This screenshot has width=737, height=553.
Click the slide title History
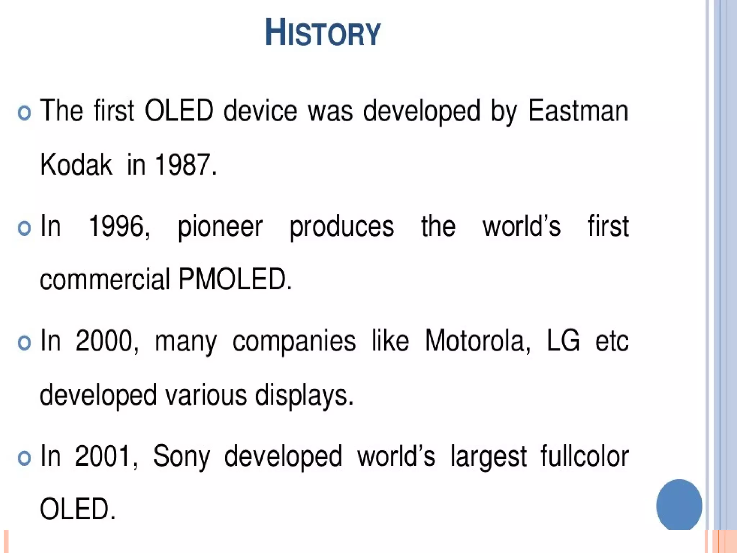click(x=323, y=33)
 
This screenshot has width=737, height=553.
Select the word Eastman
click(x=578, y=111)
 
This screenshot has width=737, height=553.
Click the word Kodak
click(x=76, y=165)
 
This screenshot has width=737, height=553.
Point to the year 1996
click(x=119, y=226)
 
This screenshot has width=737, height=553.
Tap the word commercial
click(x=105, y=279)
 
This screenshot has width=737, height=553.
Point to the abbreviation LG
click(x=563, y=341)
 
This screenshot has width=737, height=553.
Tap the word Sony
click(x=182, y=457)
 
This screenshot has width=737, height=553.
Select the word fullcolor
click(x=584, y=456)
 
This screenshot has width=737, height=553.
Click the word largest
click(x=488, y=457)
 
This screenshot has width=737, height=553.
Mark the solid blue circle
click(x=679, y=505)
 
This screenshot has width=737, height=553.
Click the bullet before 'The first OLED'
click(x=24, y=113)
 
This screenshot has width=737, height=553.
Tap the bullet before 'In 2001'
click(x=24, y=458)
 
